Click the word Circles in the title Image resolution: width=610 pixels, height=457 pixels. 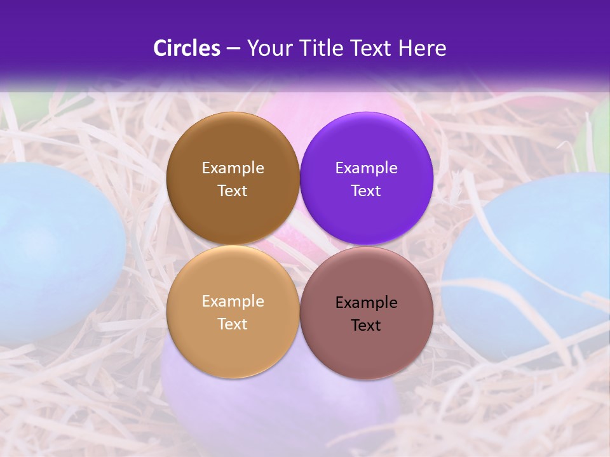tap(187, 48)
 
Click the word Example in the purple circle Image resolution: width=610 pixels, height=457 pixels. tap(367, 168)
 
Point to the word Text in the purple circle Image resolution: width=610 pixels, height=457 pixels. tap(367, 191)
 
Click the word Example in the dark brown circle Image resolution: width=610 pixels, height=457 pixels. tap(233, 168)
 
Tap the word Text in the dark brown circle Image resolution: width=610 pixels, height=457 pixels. tap(233, 191)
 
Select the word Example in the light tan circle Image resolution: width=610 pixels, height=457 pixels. tap(233, 301)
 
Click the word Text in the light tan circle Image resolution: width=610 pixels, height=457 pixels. tap(233, 324)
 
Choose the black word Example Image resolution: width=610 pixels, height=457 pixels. tap(367, 303)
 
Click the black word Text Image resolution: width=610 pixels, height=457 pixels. tap(367, 326)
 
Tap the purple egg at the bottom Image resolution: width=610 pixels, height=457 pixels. tap(280, 406)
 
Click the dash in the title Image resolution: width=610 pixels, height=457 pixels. tap(233, 49)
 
